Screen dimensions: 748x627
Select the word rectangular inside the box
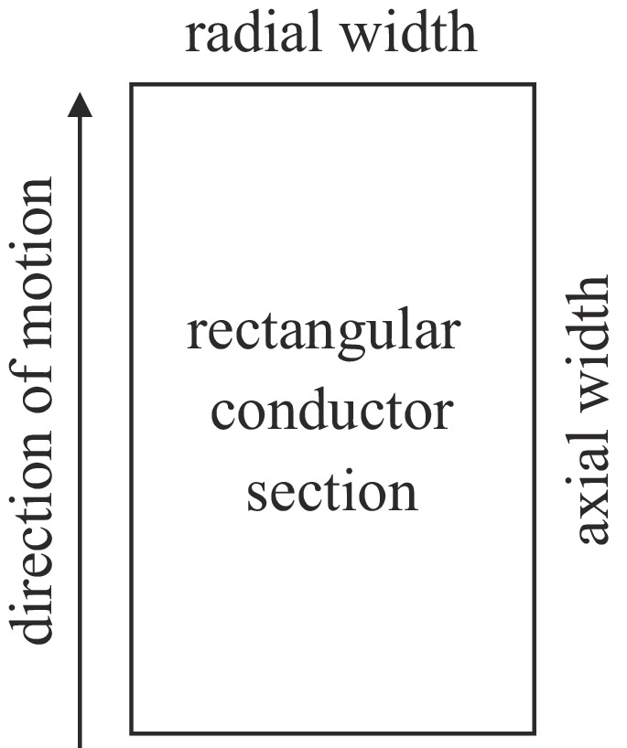(x=321, y=334)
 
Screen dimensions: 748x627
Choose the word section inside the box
(x=332, y=490)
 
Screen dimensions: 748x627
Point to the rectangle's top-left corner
(x=132, y=85)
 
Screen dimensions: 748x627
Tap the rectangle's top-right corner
(x=534, y=85)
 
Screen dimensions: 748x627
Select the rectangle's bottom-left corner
(x=132, y=732)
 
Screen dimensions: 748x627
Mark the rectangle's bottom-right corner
(x=534, y=732)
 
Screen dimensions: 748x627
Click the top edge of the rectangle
(x=332, y=85)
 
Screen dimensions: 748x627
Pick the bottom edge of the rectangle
(x=332, y=732)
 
